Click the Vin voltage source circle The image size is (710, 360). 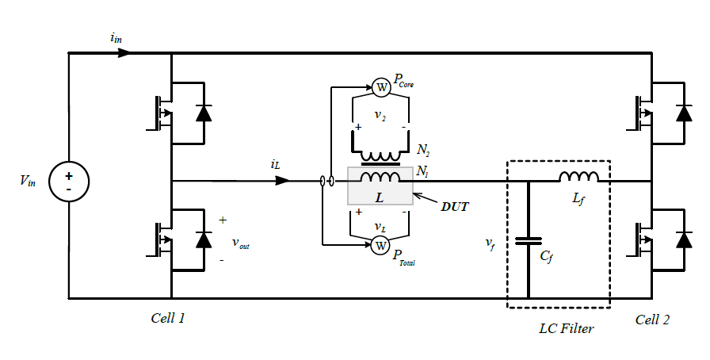pyautogui.click(x=69, y=182)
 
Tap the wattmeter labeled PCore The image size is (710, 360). pyautogui.click(x=380, y=86)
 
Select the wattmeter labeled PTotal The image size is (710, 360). pyautogui.click(x=380, y=246)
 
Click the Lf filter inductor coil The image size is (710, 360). pyautogui.click(x=578, y=178)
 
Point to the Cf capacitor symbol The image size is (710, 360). pyautogui.click(x=528, y=241)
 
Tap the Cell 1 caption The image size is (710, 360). pyautogui.click(x=168, y=318)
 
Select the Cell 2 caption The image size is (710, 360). pyautogui.click(x=652, y=320)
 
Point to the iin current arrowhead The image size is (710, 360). pyautogui.click(x=122, y=53)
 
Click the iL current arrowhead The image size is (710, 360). pyautogui.click(x=281, y=181)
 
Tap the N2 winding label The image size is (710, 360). pyautogui.click(x=423, y=150)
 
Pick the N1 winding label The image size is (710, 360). pyautogui.click(x=422, y=171)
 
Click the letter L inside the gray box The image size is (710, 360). pyautogui.click(x=379, y=194)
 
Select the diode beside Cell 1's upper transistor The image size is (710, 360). pyautogui.click(x=204, y=112)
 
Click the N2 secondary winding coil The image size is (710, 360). pyautogui.click(x=380, y=155)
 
